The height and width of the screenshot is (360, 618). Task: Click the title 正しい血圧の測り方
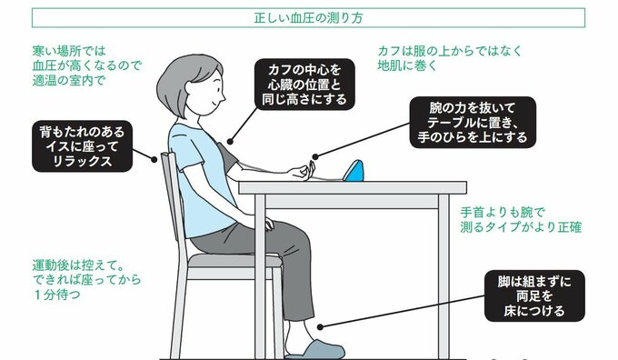[x=308, y=18]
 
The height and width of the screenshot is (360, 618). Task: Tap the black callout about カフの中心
[x=304, y=85]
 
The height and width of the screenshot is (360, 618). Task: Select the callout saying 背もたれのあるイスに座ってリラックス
[x=82, y=146]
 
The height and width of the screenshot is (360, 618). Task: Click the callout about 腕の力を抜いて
[x=473, y=122]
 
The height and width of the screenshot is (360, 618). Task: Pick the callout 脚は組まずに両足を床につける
[x=534, y=295]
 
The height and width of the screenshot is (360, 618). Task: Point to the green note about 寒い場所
[x=86, y=65]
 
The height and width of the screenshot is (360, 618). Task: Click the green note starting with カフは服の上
[x=450, y=58]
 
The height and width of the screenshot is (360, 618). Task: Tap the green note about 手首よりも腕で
[x=520, y=220]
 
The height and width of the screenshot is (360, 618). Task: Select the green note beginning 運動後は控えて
[x=86, y=280]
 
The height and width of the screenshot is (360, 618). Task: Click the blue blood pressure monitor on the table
[x=354, y=171]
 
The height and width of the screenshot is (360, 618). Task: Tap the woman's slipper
[x=315, y=350]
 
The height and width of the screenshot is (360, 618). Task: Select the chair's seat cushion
[x=235, y=260]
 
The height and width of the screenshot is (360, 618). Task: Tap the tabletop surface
[x=353, y=187]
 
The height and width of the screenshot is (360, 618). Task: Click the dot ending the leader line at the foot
[x=321, y=327]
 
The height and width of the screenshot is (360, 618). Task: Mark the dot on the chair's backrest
[x=154, y=160]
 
